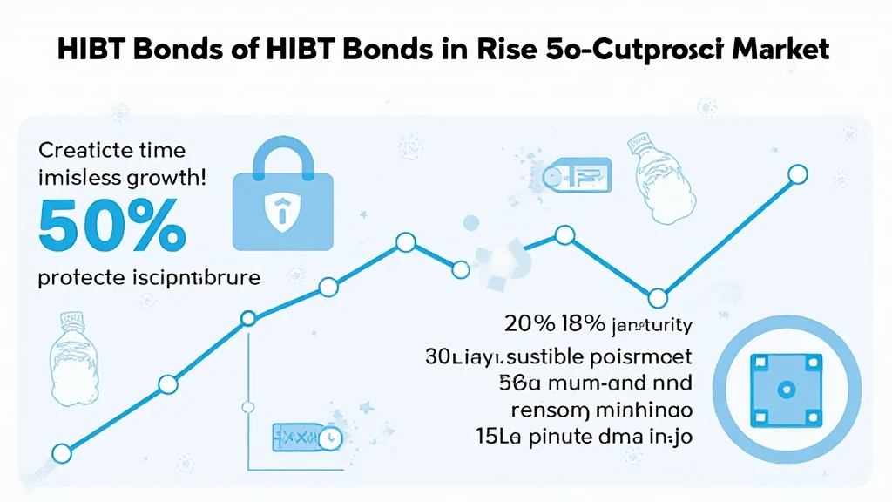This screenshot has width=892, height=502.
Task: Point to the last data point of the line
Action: coord(796,174)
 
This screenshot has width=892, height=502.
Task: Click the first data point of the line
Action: coord(61,453)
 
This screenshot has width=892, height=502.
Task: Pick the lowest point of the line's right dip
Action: coord(659,296)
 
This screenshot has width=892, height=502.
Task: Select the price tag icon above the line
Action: coord(575,177)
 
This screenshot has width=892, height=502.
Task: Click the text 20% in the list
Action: coord(530,325)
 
